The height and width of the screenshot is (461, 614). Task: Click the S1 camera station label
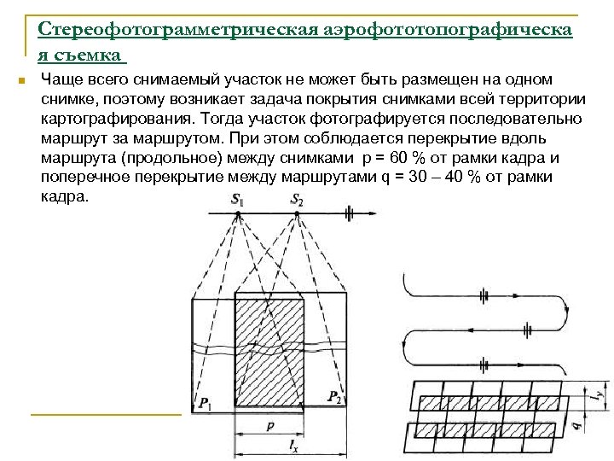237,200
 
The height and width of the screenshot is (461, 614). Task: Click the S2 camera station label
296,200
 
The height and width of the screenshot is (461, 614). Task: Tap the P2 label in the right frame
335,396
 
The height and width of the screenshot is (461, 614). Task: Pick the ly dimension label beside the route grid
600,394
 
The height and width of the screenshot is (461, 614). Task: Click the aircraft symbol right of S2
348,212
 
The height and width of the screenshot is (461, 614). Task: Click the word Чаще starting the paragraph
60,79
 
